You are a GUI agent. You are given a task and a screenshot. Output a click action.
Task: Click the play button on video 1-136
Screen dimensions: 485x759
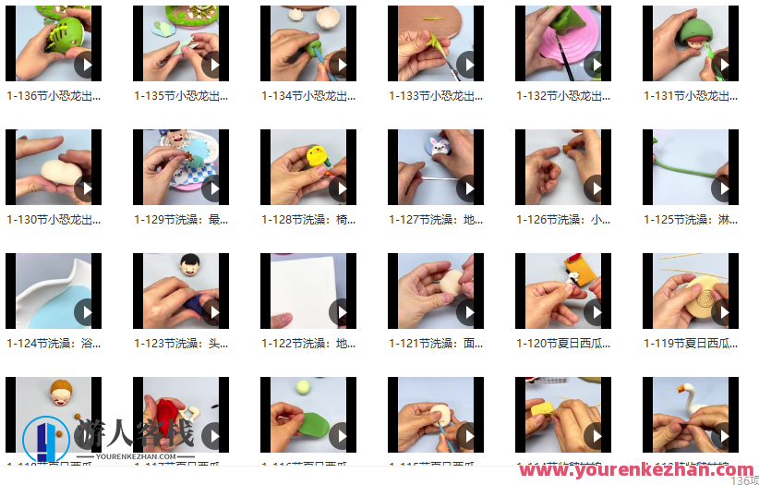tap(85, 66)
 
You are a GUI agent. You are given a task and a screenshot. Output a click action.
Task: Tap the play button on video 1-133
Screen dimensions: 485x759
tap(467, 66)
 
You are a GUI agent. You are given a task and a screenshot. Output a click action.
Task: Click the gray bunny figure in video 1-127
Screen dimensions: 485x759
tap(435, 147)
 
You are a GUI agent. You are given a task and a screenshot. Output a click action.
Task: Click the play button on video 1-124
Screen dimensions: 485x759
tap(85, 313)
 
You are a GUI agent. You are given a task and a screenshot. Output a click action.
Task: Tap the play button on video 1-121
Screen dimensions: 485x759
tap(467, 313)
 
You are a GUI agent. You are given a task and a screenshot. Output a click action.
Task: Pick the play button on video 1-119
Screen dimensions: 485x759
tap(722, 313)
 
